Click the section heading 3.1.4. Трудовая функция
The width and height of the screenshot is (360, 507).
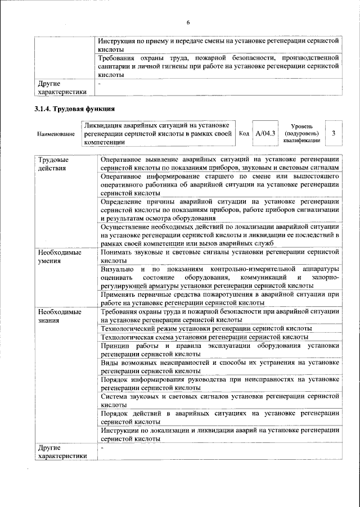[75, 108]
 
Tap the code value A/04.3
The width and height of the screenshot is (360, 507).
[265, 133]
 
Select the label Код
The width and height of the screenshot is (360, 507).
[244, 134]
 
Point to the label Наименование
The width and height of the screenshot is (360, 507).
[56, 134]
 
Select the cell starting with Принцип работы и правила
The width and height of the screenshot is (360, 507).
[219, 349]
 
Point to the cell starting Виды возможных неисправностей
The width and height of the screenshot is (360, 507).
[219, 368]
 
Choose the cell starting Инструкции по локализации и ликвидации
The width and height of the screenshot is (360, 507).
[219, 433]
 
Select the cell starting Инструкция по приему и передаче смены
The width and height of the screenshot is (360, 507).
[219, 46]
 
